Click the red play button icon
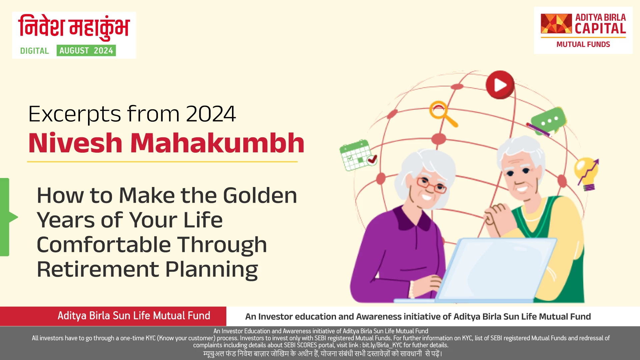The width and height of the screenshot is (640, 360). coord(500,85)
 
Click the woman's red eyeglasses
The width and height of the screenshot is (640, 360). coord(431,185)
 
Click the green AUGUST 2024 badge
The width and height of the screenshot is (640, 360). coord(86,51)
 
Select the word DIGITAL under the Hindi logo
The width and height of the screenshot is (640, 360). coord(34,51)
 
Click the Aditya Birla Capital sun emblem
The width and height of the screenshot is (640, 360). coord(556,24)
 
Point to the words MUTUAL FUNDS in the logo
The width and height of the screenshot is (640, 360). coord(583,45)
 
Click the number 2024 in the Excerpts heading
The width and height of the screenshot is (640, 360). coord(211,114)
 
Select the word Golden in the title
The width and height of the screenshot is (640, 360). coord(260,195)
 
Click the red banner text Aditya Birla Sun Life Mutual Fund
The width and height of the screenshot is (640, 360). coord(134,316)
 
